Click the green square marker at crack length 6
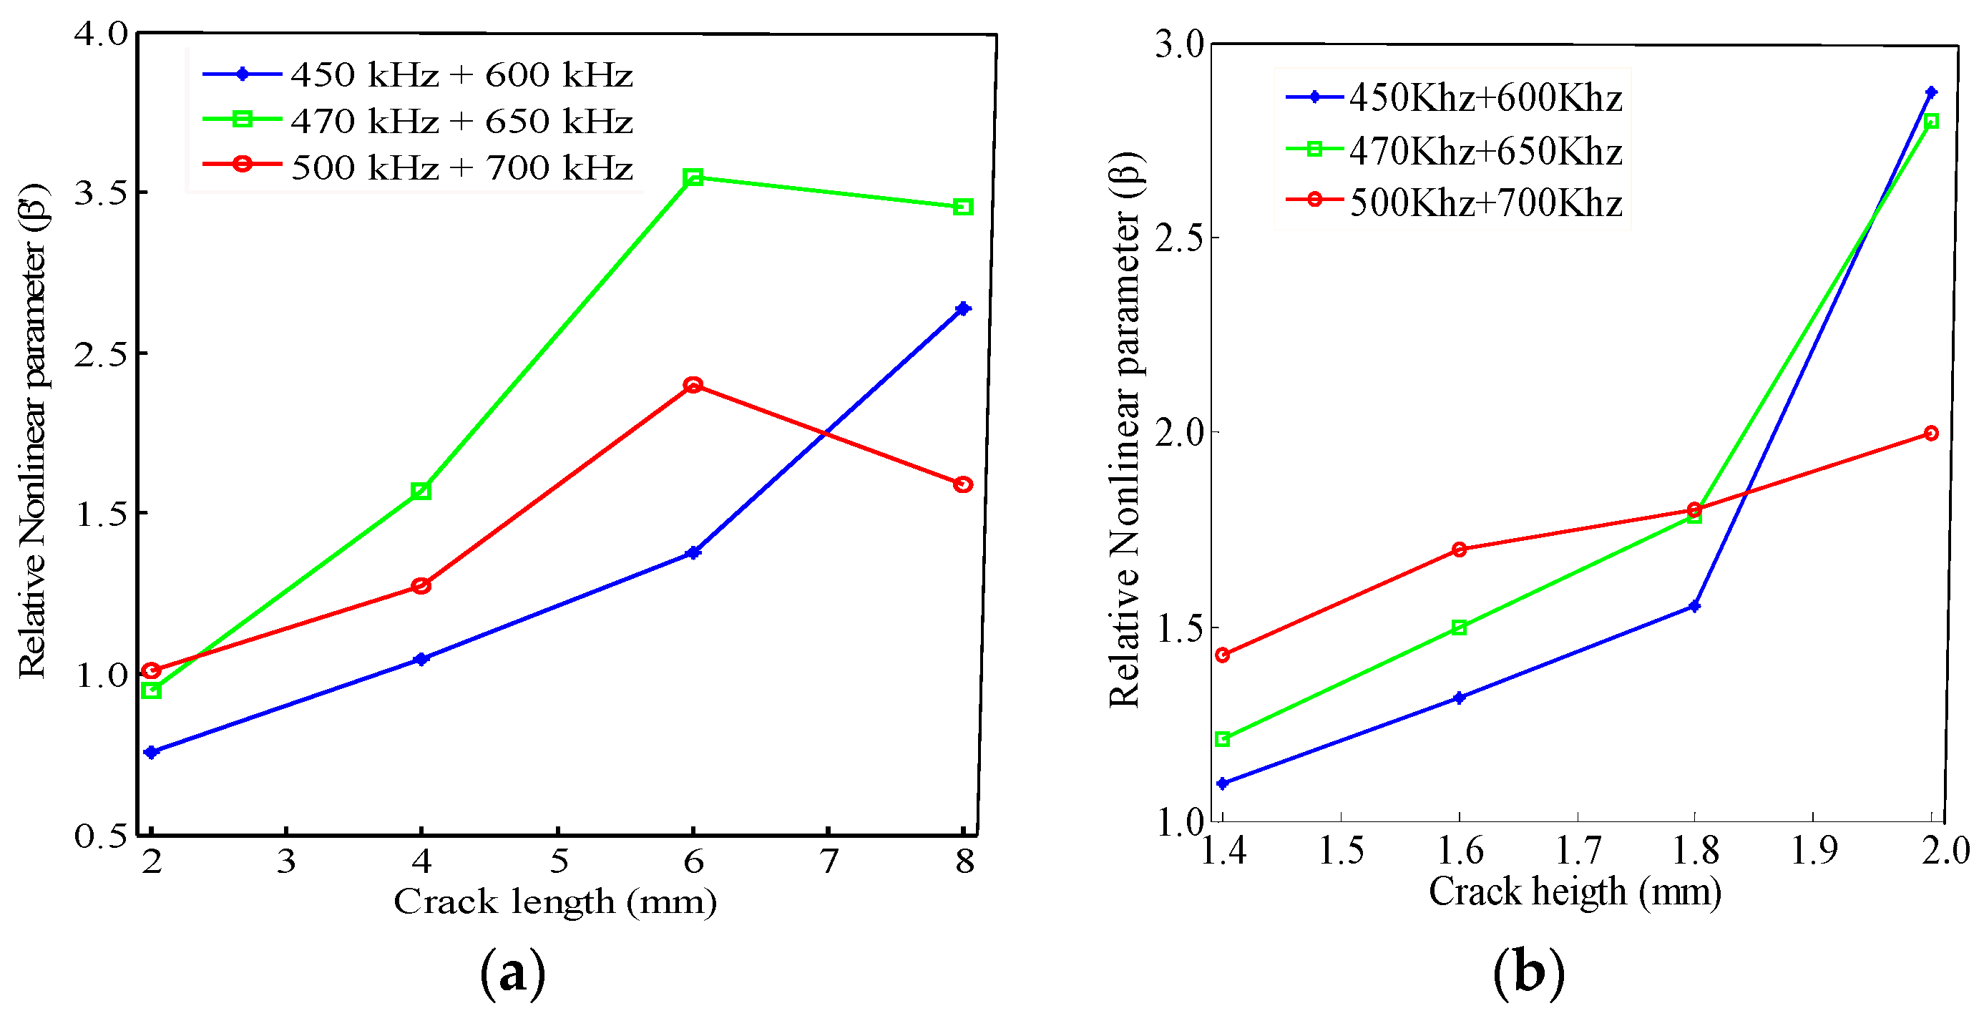693,178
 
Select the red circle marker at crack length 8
963,484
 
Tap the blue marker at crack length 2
152,752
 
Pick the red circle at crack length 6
693,385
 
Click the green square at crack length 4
421,491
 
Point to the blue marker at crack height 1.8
1694,606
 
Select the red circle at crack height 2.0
1931,434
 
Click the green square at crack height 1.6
1459,627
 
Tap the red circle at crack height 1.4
1222,655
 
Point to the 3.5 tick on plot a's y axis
100,192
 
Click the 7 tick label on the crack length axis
828,861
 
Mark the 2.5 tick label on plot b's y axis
1178,238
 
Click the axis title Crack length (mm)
555,902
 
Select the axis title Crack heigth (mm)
1574,892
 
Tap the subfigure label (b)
1529,973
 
